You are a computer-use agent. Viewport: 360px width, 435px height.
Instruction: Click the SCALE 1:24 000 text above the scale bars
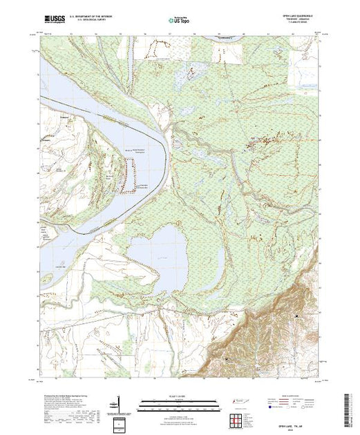click(179, 398)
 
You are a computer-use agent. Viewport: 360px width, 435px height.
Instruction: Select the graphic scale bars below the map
click(179, 405)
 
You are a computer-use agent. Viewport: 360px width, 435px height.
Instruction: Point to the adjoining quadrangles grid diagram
click(235, 419)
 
